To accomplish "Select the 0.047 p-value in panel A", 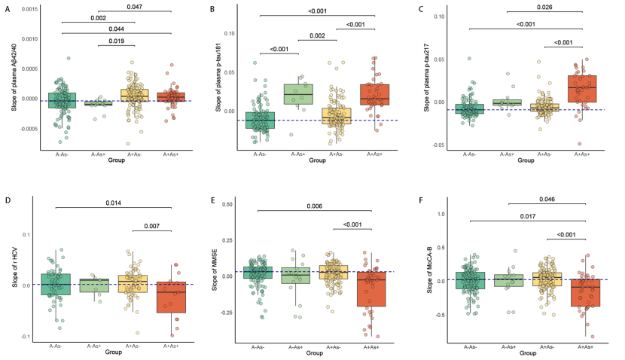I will click(134, 6).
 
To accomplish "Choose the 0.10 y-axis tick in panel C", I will click(447, 17).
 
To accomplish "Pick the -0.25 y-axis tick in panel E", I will click(237, 313).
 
